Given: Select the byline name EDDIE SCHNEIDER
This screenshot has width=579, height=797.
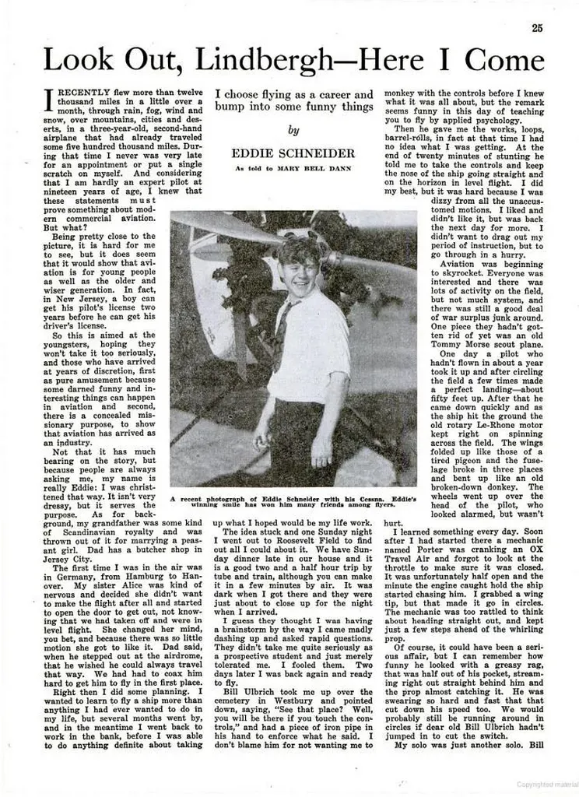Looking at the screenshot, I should click(293, 153).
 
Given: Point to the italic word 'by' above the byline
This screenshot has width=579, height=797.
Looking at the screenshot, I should click(293, 131).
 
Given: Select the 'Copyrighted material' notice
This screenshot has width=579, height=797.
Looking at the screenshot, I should click(546, 784).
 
